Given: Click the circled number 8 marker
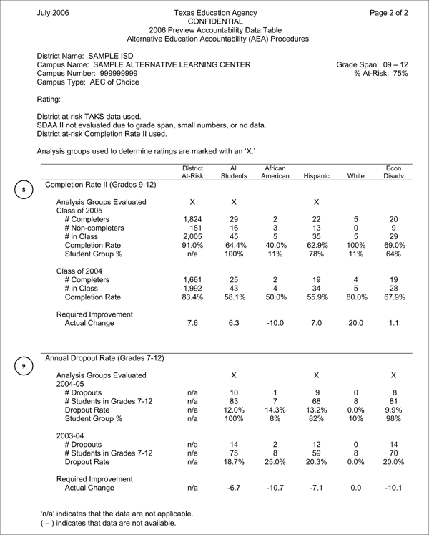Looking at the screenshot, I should [x=24, y=190].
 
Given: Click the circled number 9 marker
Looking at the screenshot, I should [x=24, y=366].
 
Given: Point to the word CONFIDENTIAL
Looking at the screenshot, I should [x=215, y=22].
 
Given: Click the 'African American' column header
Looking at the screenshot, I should [x=275, y=171].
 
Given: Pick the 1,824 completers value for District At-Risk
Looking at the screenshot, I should [x=192, y=219].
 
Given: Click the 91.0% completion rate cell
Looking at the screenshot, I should [x=192, y=245].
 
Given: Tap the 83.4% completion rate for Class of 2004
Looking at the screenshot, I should [x=192, y=297].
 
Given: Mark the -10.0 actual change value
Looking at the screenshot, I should [x=275, y=322].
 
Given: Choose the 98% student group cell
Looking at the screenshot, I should [x=393, y=418].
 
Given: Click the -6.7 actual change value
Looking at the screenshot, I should [x=233, y=488].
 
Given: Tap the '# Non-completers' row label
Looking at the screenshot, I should [x=94, y=228].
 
